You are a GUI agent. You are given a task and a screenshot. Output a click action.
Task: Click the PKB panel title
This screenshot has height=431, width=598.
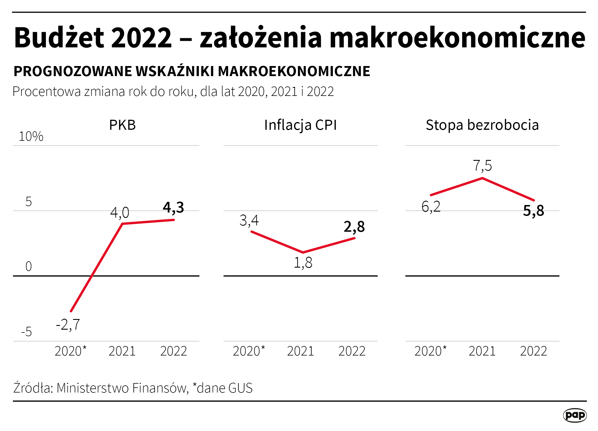pyautogui.click(x=122, y=125)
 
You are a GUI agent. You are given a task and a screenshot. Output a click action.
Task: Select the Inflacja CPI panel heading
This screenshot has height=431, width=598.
pyautogui.click(x=300, y=125)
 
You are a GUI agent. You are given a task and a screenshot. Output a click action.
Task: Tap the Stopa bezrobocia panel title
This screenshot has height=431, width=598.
pyautogui.click(x=482, y=125)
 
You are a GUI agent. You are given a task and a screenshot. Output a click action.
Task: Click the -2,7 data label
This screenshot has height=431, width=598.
pyautogui.click(x=68, y=325)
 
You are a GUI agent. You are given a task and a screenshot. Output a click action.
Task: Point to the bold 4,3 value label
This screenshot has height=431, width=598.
pyautogui.click(x=173, y=207)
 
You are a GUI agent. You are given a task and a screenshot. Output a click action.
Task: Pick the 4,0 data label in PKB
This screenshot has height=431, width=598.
pyautogui.click(x=120, y=213)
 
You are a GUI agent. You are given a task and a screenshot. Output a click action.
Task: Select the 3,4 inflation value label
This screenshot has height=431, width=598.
pyautogui.click(x=249, y=221)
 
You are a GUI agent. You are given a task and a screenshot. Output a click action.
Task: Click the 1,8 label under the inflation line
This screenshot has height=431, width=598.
pyautogui.click(x=303, y=263)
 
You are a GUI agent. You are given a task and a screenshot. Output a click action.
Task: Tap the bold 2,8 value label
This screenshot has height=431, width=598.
pyautogui.click(x=354, y=227)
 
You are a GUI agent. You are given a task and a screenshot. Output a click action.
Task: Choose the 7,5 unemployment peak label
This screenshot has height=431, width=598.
pyautogui.click(x=482, y=166)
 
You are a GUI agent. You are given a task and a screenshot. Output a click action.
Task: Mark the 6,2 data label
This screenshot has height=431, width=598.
pyautogui.click(x=431, y=207)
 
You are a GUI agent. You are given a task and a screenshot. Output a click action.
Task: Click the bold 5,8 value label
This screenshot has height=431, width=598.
pyautogui.click(x=533, y=211)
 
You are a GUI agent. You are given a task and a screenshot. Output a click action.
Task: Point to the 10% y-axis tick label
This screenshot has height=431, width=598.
pyautogui.click(x=31, y=136)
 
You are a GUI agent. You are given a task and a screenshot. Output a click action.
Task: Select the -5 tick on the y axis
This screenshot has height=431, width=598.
pyautogui.click(x=27, y=332)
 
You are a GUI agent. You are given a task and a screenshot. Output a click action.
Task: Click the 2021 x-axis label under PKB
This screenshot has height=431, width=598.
pyautogui.click(x=122, y=351)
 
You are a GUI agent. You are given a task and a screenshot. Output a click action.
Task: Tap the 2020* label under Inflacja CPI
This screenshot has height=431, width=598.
pyautogui.click(x=249, y=351)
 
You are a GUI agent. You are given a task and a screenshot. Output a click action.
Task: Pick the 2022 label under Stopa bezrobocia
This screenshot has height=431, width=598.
pyautogui.click(x=533, y=351)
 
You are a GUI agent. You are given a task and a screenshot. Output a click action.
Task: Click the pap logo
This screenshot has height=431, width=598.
pyautogui.click(x=575, y=415)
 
